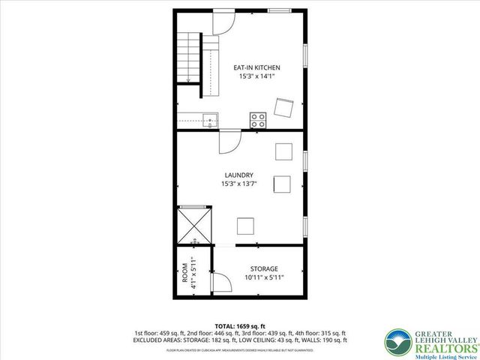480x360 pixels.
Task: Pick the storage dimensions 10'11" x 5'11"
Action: click(261, 277)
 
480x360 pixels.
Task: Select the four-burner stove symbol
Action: click(259, 118)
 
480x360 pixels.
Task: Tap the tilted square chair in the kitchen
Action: click(283, 108)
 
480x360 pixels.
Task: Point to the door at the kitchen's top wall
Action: click(222, 22)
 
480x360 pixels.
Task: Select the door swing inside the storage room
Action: click(220, 283)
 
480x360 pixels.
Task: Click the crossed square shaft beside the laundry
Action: click(194, 224)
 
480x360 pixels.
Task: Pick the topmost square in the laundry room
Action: click(283, 151)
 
